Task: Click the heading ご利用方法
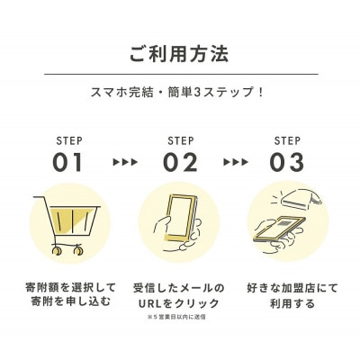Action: click(x=180, y=51)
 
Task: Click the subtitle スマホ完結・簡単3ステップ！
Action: click(x=180, y=92)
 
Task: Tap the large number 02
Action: click(x=180, y=162)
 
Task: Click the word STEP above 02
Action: click(x=180, y=140)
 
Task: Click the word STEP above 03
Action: click(x=288, y=140)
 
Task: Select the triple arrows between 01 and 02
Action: click(x=125, y=163)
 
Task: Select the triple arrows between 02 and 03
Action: click(x=235, y=163)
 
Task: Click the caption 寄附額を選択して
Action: click(x=69, y=288)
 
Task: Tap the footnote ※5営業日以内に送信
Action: click(x=180, y=319)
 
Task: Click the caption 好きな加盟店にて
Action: click(x=289, y=288)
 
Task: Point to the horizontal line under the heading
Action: click(x=180, y=74)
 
